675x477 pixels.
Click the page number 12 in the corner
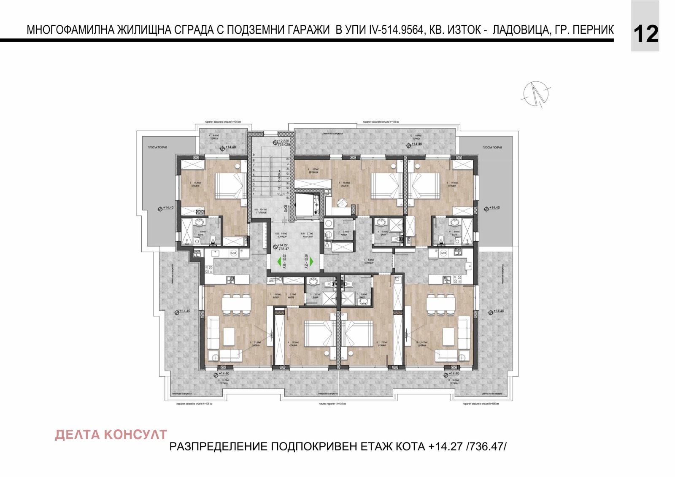coord(645,34)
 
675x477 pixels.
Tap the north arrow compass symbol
coord(536,93)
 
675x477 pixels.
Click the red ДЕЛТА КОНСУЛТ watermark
coord(111,435)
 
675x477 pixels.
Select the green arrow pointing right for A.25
coord(311,261)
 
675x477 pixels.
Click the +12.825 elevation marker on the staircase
coord(283,141)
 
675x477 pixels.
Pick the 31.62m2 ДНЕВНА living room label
coord(256,344)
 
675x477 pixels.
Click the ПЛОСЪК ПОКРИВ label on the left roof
coord(157,148)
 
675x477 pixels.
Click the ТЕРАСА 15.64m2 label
coord(416,137)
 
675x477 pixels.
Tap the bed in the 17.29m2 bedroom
coord(230,186)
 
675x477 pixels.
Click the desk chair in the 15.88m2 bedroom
coord(342,203)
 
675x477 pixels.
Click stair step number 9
coord(254,155)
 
